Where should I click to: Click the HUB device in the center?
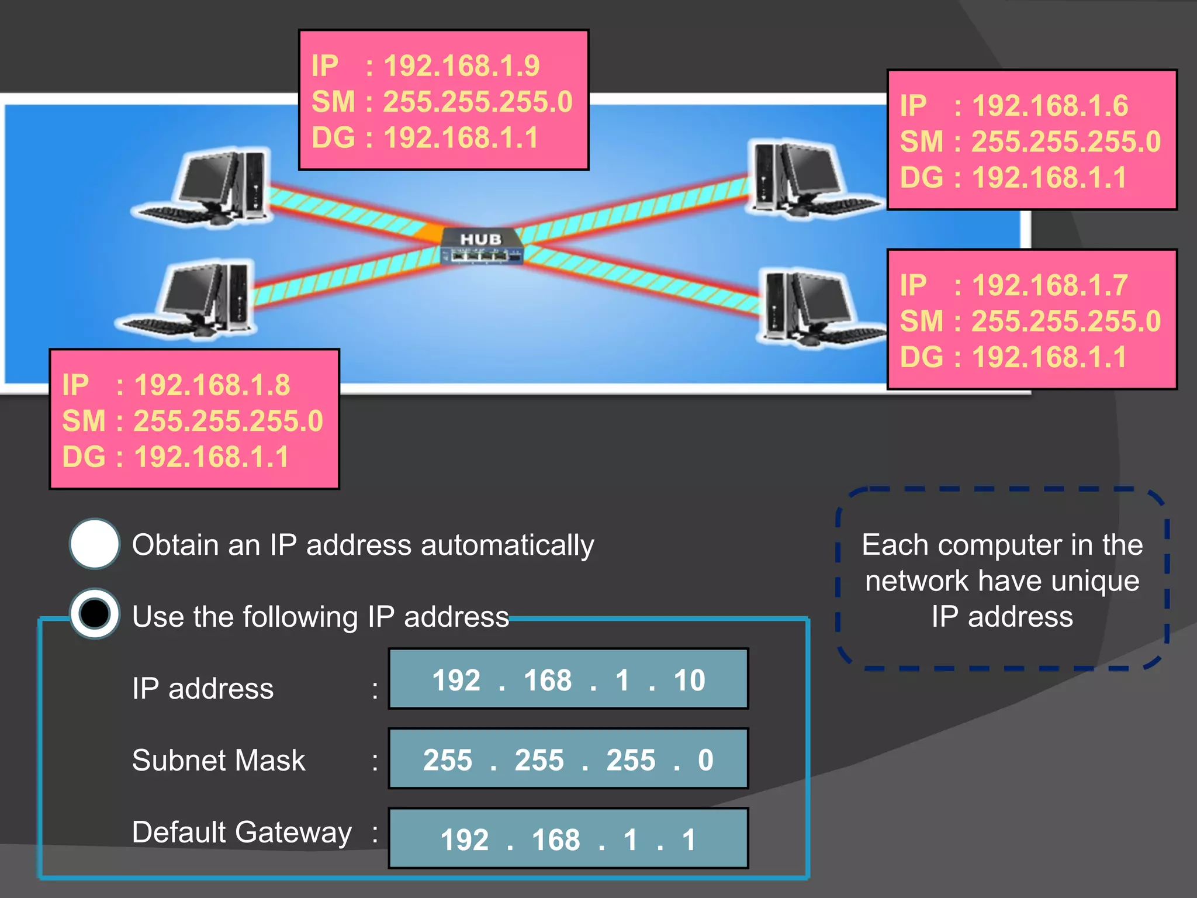481,246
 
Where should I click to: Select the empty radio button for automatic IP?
95,544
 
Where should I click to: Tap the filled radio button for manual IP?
95,614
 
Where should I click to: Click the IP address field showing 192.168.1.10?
568,679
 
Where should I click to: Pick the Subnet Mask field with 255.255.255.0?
568,759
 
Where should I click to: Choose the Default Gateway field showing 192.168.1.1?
568,838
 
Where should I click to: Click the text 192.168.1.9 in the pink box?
462,65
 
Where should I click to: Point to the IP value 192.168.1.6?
1050,106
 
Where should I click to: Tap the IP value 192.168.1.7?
1050,285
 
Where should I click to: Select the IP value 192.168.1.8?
212,385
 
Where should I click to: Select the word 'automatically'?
507,545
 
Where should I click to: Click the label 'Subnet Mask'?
219,761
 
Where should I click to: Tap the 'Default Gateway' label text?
241,832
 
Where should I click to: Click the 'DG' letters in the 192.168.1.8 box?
84,457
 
